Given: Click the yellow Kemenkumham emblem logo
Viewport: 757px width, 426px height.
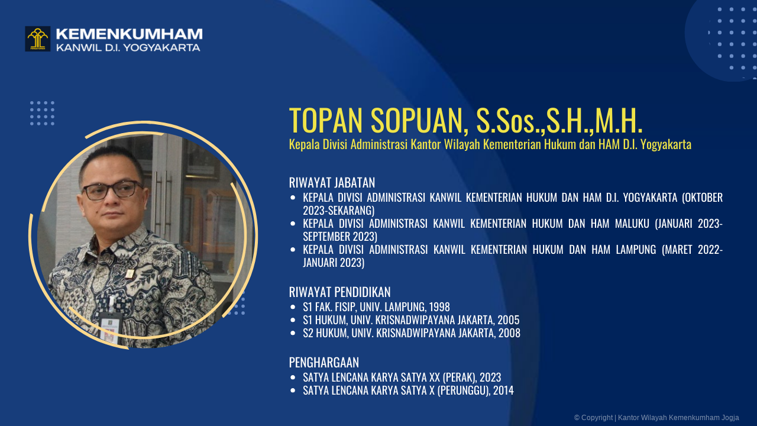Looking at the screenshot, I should click(x=37, y=38).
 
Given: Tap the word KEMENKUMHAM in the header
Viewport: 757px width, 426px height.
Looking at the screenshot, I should click(x=129, y=34).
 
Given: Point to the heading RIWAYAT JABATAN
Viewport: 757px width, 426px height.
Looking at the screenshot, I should click(x=332, y=182).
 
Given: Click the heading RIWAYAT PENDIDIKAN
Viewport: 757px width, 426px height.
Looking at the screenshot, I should click(x=339, y=292).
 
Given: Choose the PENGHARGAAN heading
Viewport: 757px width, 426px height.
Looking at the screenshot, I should click(x=323, y=362).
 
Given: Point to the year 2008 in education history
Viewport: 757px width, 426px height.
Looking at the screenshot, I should click(x=509, y=333).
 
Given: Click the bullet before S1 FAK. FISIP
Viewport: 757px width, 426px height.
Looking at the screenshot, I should click(x=293, y=307).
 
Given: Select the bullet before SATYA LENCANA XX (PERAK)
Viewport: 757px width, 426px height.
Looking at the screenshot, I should click(x=293, y=377).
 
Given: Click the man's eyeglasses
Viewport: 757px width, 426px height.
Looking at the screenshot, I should click(x=112, y=190).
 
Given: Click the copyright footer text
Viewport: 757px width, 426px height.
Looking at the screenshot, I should click(x=656, y=418).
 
